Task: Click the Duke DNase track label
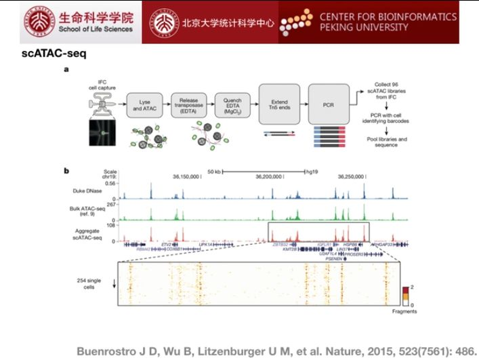click(x=99, y=191)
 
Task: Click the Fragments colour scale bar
click(x=406, y=292)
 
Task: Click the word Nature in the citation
click(x=296, y=351)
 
